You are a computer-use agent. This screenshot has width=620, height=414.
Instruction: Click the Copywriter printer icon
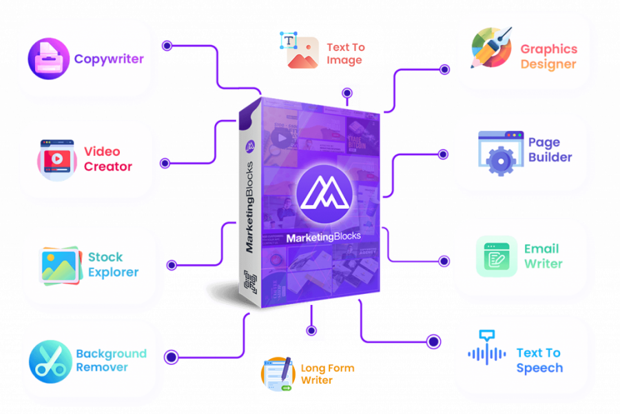pos(50,59)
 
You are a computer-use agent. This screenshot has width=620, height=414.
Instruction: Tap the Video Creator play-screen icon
pos(57,159)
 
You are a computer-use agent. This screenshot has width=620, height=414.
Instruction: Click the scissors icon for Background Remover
pos(50,360)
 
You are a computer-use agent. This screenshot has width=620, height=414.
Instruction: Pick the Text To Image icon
pos(300,52)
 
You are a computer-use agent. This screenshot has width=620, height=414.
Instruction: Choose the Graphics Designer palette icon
pos(490,48)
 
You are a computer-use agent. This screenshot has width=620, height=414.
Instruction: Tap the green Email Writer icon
pos(496,256)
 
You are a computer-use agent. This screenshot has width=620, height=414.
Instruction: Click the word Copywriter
pos(109,59)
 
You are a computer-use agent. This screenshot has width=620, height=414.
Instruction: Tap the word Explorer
pos(113,272)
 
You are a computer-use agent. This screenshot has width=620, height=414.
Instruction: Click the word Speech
pos(539,368)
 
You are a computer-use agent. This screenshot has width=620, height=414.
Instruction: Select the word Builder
pos(550,157)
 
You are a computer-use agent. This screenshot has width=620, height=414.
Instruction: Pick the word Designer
pos(548,64)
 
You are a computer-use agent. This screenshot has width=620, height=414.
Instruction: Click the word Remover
pos(102,367)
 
